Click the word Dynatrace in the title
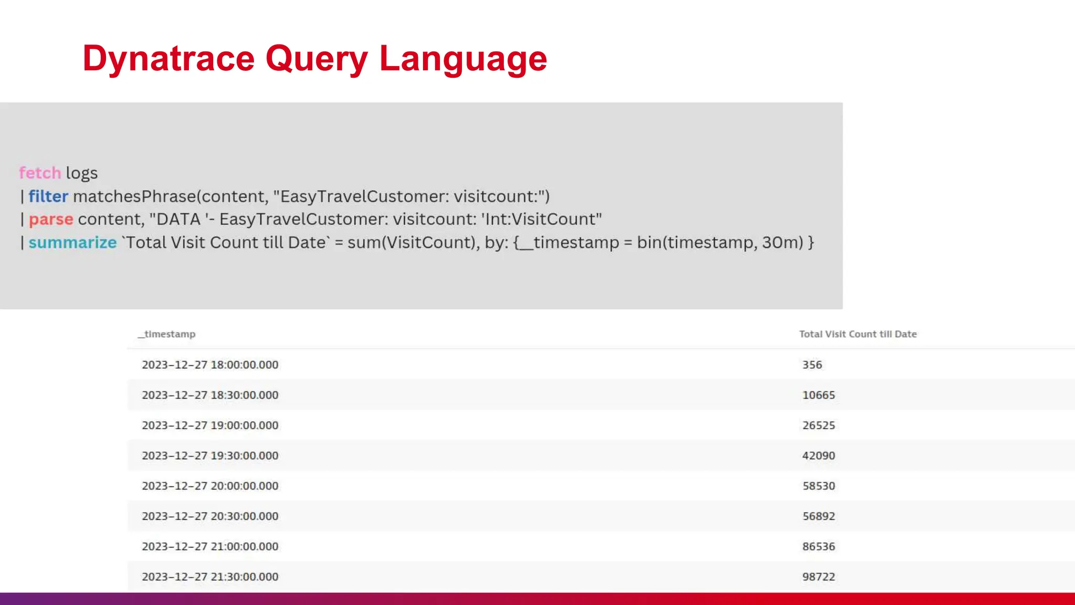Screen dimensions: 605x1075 click(x=168, y=59)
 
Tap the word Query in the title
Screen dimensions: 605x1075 click(x=317, y=59)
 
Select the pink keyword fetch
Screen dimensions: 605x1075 click(x=40, y=173)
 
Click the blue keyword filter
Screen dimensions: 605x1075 click(x=48, y=196)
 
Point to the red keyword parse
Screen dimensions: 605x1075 click(x=51, y=219)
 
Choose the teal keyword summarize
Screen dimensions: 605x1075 click(x=72, y=243)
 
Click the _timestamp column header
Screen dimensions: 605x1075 click(x=167, y=334)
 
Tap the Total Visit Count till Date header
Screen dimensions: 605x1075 click(x=858, y=334)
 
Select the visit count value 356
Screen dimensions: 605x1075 click(x=812, y=365)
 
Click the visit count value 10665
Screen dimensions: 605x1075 click(x=818, y=395)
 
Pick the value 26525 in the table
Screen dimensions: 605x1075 click(x=818, y=425)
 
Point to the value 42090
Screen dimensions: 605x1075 click(x=818, y=456)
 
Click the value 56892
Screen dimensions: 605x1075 click(x=818, y=516)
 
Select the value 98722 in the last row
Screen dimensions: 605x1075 click(x=818, y=577)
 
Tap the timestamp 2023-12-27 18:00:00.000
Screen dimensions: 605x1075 click(x=210, y=365)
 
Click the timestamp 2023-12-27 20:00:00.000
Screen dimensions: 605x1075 click(x=210, y=486)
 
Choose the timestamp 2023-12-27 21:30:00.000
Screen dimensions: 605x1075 click(x=210, y=577)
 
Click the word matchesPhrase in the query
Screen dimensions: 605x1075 click(x=134, y=196)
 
